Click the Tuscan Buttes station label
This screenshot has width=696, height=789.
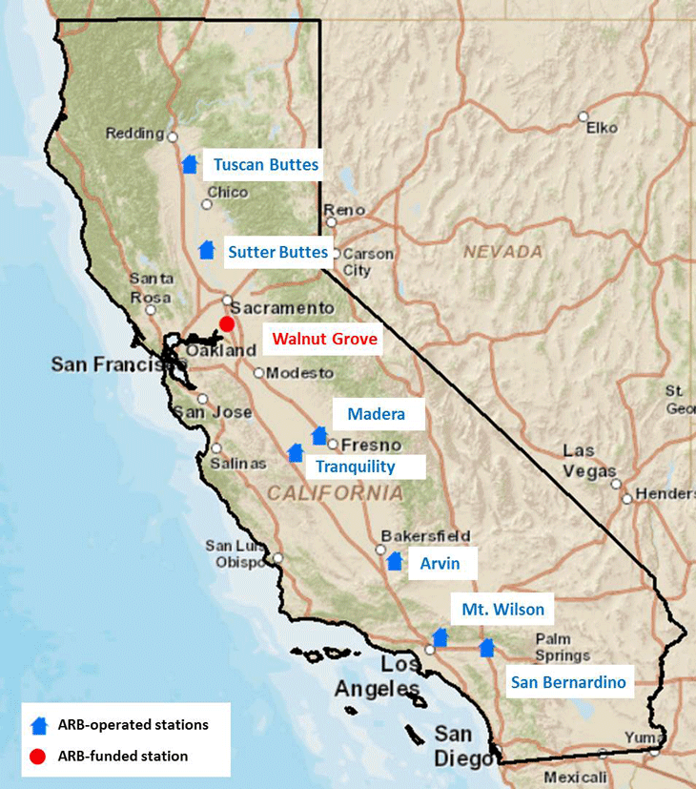tap(265, 165)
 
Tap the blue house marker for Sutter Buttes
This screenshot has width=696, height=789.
tap(206, 250)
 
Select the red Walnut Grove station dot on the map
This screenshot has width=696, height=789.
tap(227, 323)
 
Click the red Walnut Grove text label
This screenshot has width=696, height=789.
tap(324, 339)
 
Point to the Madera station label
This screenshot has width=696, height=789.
tap(376, 414)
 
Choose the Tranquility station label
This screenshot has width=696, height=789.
tap(355, 466)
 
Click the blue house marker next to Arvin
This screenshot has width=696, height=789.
tap(395, 561)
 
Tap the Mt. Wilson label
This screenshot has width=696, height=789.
tap(502, 610)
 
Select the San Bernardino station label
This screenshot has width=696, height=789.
tap(568, 682)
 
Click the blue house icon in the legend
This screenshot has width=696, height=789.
tap(39, 725)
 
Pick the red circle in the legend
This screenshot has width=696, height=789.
tap(39, 757)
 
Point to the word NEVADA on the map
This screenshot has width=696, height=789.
tap(502, 253)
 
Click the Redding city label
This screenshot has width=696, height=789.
tap(134, 134)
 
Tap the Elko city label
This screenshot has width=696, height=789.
tap(602, 127)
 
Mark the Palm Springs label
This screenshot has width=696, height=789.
tap(563, 648)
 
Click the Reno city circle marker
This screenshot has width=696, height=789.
tap(332, 222)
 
